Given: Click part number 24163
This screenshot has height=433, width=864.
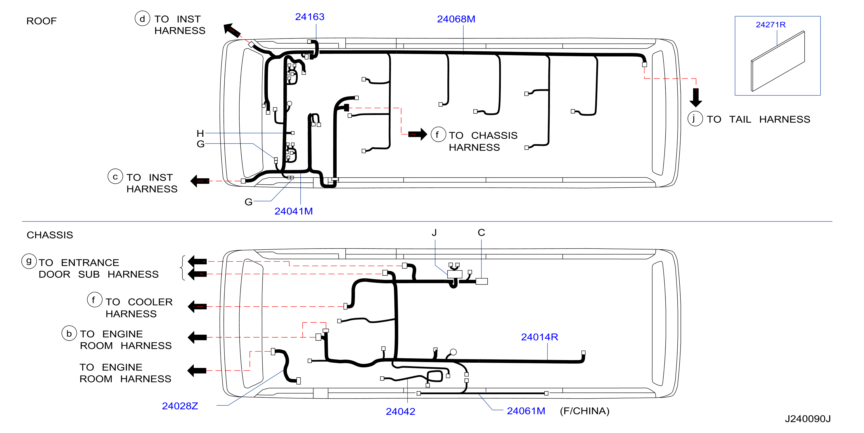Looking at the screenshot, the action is pos(310,17).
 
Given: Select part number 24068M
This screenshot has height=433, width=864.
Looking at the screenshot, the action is pos(456,19).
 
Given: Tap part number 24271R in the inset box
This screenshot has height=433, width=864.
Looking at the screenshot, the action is pos(770,25).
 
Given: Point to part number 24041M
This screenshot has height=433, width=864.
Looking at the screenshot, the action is pos(293,211).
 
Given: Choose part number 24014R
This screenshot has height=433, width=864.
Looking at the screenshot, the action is pos(539,337).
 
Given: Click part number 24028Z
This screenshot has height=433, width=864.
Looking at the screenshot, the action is pos(180,406).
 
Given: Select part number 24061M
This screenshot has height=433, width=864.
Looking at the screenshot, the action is pos(526,411).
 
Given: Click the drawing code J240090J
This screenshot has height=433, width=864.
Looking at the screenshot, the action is pos(808,419).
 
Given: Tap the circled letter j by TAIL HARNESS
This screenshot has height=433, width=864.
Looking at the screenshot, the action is pos(695,118).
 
